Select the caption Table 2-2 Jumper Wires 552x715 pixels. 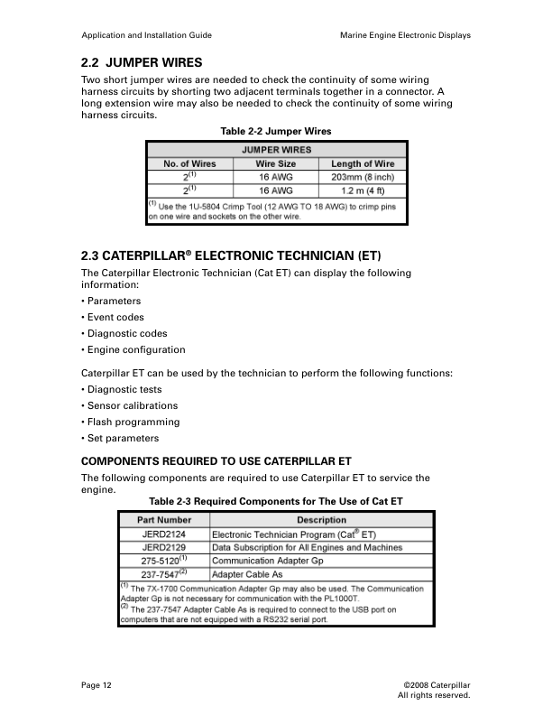pos(276,131)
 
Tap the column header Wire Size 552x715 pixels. pos(276,163)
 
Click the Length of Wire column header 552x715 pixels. pos(363,163)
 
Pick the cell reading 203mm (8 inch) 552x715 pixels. pos(363,177)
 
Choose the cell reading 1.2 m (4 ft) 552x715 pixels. pos(363,191)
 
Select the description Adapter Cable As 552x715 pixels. pos(247,573)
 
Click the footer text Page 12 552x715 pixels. pos(97,686)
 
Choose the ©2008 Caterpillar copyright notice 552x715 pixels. pos(437,686)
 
